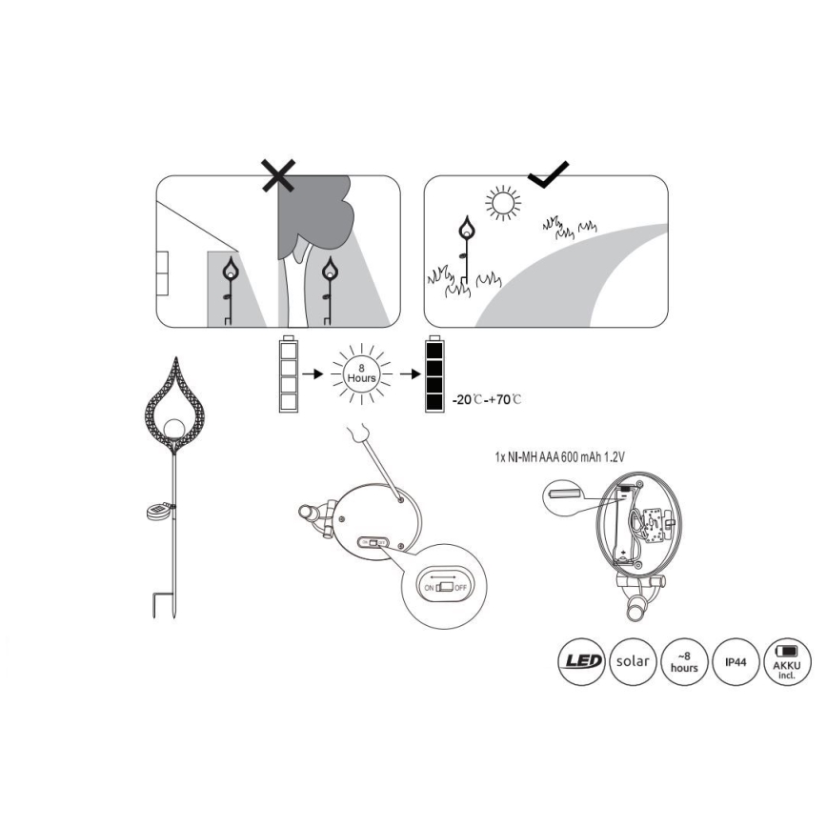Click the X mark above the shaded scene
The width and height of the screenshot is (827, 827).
(x=279, y=175)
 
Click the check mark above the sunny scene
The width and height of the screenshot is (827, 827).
(x=549, y=175)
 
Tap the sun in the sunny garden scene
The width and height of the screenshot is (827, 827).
(x=503, y=201)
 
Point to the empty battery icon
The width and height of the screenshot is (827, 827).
(x=289, y=373)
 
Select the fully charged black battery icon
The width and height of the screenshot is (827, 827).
(x=434, y=373)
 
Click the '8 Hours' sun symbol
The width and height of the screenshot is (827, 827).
(x=361, y=373)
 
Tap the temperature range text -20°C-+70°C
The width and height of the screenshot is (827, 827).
(x=487, y=400)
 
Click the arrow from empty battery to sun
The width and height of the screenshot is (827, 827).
(x=313, y=373)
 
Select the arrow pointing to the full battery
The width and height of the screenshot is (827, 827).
(x=411, y=373)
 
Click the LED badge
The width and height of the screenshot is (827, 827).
(x=582, y=661)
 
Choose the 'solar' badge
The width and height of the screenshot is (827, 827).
(x=633, y=661)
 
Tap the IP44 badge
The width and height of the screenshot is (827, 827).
(x=736, y=661)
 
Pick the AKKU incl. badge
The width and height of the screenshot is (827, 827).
(x=787, y=661)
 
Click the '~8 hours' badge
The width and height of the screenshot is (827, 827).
(x=684, y=661)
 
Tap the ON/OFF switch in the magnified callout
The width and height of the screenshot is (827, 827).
(x=446, y=587)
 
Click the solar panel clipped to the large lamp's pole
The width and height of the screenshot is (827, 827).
(x=158, y=511)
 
